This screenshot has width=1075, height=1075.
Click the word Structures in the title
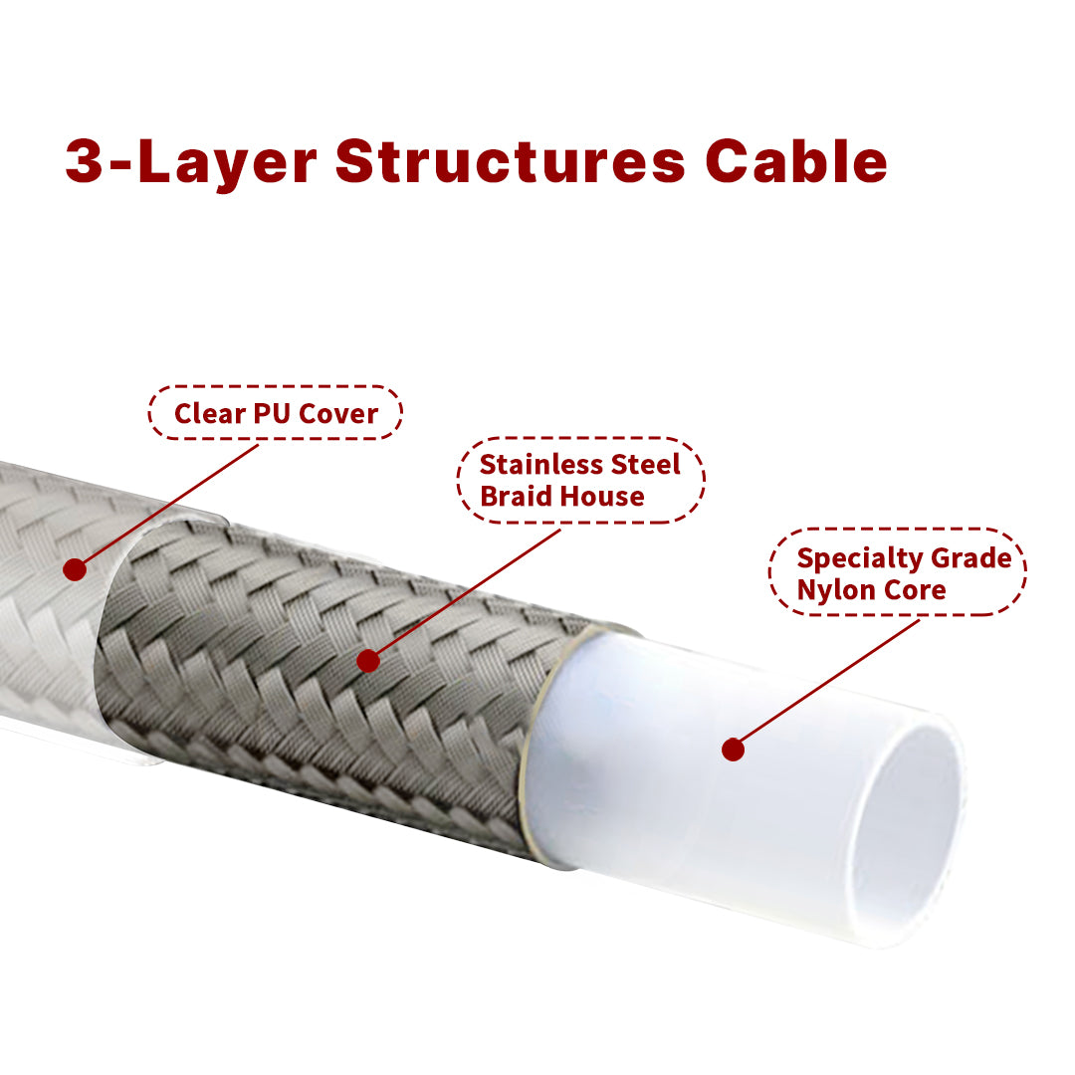click(x=510, y=162)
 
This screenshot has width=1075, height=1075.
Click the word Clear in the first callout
click(x=210, y=413)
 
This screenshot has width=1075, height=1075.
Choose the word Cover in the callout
click(x=338, y=413)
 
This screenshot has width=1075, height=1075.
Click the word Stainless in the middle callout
click(x=540, y=464)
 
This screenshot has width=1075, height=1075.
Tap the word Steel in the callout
click(x=645, y=464)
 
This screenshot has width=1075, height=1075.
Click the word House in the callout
click(x=599, y=496)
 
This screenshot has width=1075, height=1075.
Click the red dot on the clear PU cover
click(x=75, y=569)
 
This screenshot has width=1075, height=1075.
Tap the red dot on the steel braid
click(x=368, y=661)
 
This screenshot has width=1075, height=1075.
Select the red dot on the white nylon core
click(x=733, y=750)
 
